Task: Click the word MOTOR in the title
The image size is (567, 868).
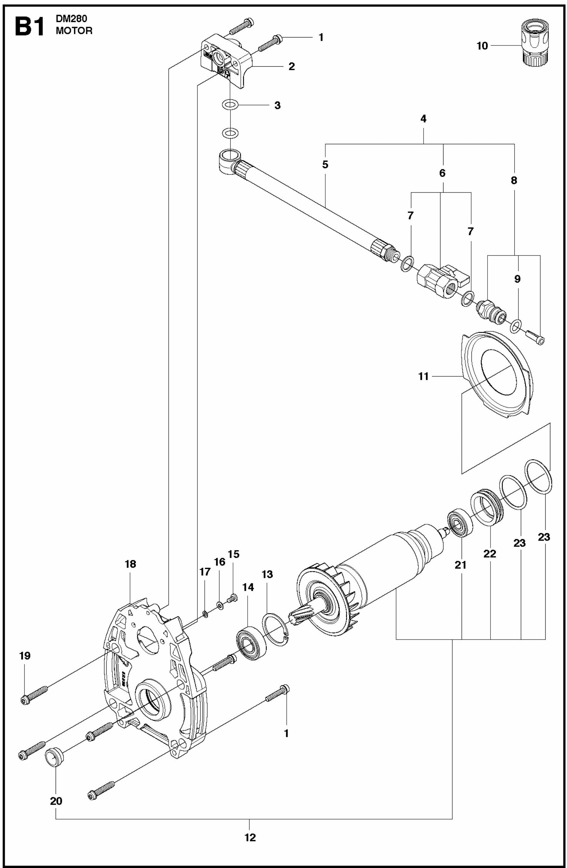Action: pos(74,31)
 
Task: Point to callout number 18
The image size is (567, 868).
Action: pos(130,564)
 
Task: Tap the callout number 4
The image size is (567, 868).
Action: pos(423,119)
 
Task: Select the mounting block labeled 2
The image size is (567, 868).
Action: pos(227,64)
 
